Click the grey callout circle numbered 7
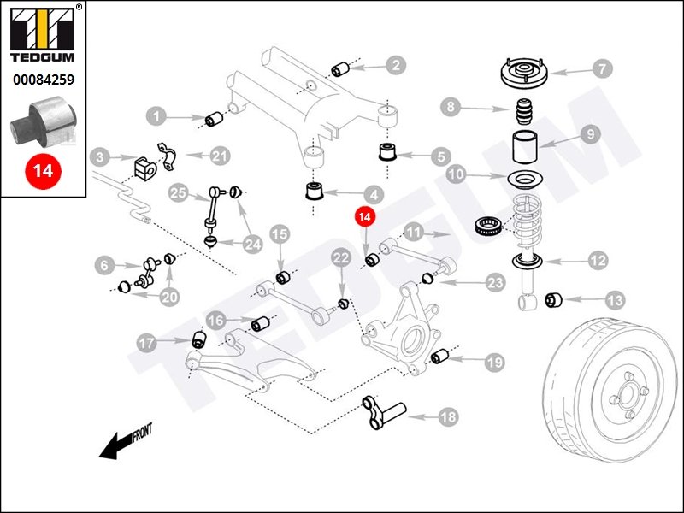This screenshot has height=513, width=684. [602, 68]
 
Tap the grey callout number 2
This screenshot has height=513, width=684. [396, 66]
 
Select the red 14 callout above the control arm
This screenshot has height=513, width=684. [365, 217]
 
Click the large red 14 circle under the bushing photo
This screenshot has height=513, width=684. [44, 170]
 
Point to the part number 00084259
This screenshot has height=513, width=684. [44, 80]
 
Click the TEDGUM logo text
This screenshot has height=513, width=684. [43, 57]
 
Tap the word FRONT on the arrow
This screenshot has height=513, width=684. [142, 433]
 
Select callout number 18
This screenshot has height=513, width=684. [447, 417]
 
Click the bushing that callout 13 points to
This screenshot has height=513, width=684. [553, 300]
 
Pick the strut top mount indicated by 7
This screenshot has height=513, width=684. [523, 74]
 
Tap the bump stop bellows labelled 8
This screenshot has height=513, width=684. [525, 113]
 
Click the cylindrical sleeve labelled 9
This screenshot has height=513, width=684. [525, 146]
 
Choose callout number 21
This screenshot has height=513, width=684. [220, 156]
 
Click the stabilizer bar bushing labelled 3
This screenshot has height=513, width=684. [143, 168]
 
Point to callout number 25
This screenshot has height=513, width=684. [178, 192]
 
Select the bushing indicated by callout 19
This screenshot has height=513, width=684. [439, 356]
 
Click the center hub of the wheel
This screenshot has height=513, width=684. [627, 396]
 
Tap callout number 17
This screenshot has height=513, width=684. [146, 343]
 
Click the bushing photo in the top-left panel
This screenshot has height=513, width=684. [44, 122]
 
